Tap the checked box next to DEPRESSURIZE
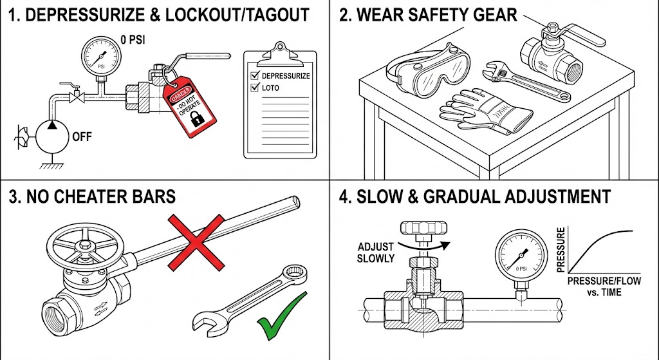[x=254, y=75]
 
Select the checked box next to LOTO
[x=254, y=88]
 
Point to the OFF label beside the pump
[x=82, y=137]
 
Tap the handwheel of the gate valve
[x=82, y=245]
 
